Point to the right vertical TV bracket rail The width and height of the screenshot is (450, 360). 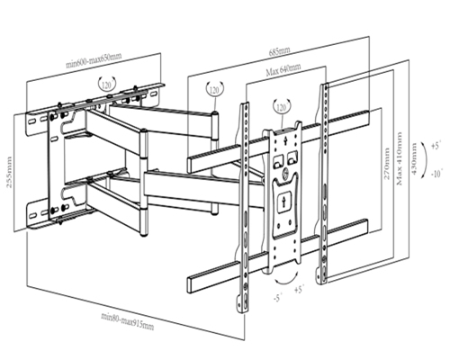325,180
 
